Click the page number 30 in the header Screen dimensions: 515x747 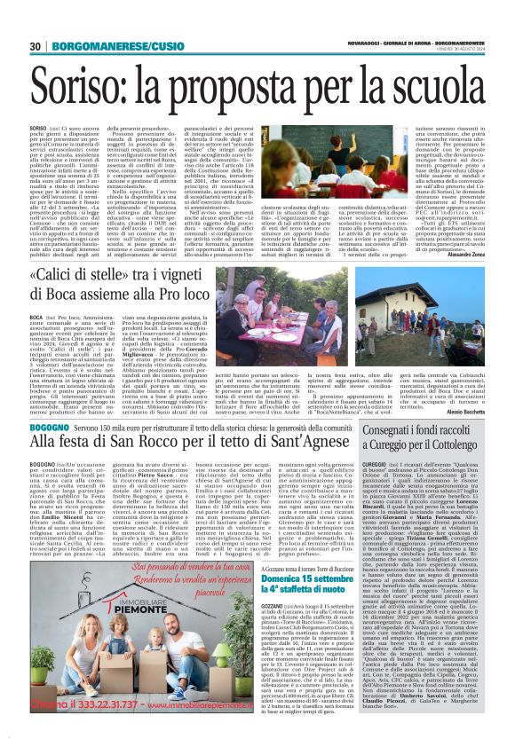(36, 46)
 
